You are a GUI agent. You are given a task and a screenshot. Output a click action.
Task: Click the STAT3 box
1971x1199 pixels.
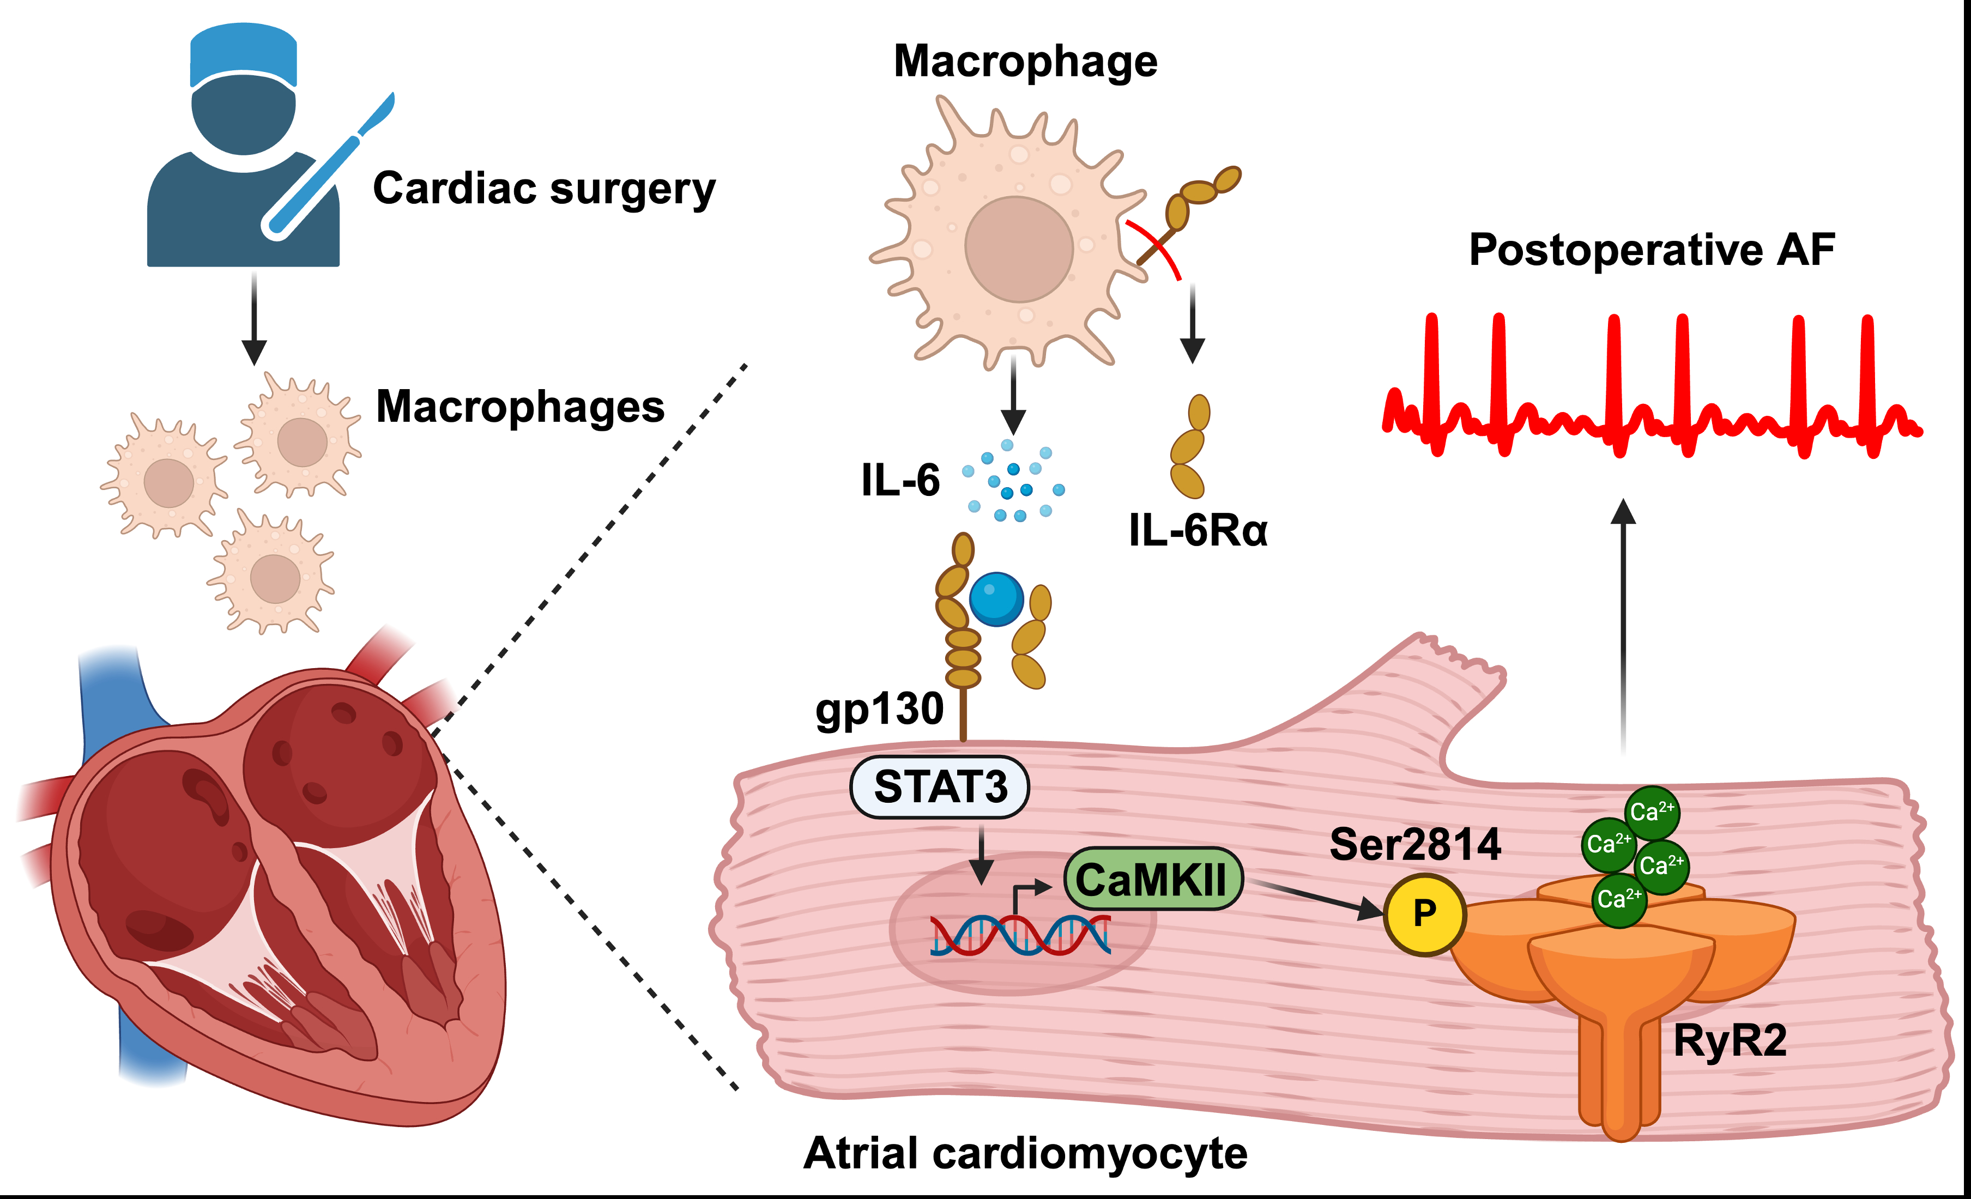939,787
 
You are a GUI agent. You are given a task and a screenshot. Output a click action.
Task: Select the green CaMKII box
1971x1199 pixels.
1153,879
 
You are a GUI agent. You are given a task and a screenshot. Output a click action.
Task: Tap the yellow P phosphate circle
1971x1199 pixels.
1425,913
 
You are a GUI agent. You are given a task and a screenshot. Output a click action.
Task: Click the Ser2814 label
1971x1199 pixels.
1415,845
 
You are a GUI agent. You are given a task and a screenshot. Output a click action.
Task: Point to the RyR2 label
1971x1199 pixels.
1730,1040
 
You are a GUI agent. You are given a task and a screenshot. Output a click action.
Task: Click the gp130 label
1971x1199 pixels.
879,708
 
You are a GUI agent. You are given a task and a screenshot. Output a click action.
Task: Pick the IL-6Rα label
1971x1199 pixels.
1198,530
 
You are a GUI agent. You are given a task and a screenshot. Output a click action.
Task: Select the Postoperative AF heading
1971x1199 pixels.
1651,250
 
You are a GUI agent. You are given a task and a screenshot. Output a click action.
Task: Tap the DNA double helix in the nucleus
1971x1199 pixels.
1020,935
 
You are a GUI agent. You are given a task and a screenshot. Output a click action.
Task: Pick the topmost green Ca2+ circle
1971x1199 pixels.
1652,813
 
